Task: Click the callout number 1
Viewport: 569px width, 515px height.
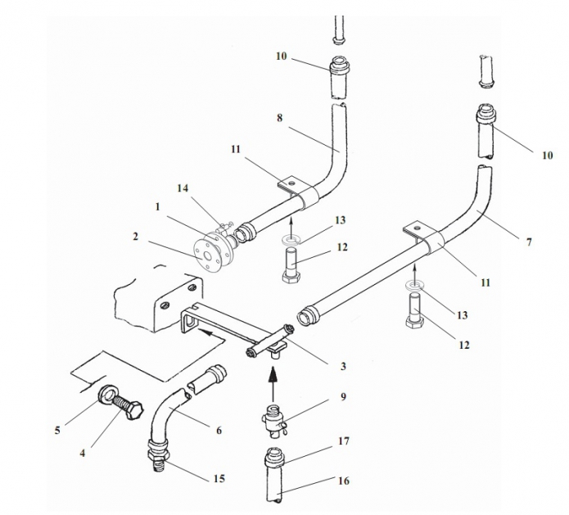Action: (x=158, y=207)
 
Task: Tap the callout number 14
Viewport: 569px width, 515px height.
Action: (x=183, y=188)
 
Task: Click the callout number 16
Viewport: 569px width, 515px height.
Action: (x=344, y=481)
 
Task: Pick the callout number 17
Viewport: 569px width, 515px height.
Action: (x=345, y=441)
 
